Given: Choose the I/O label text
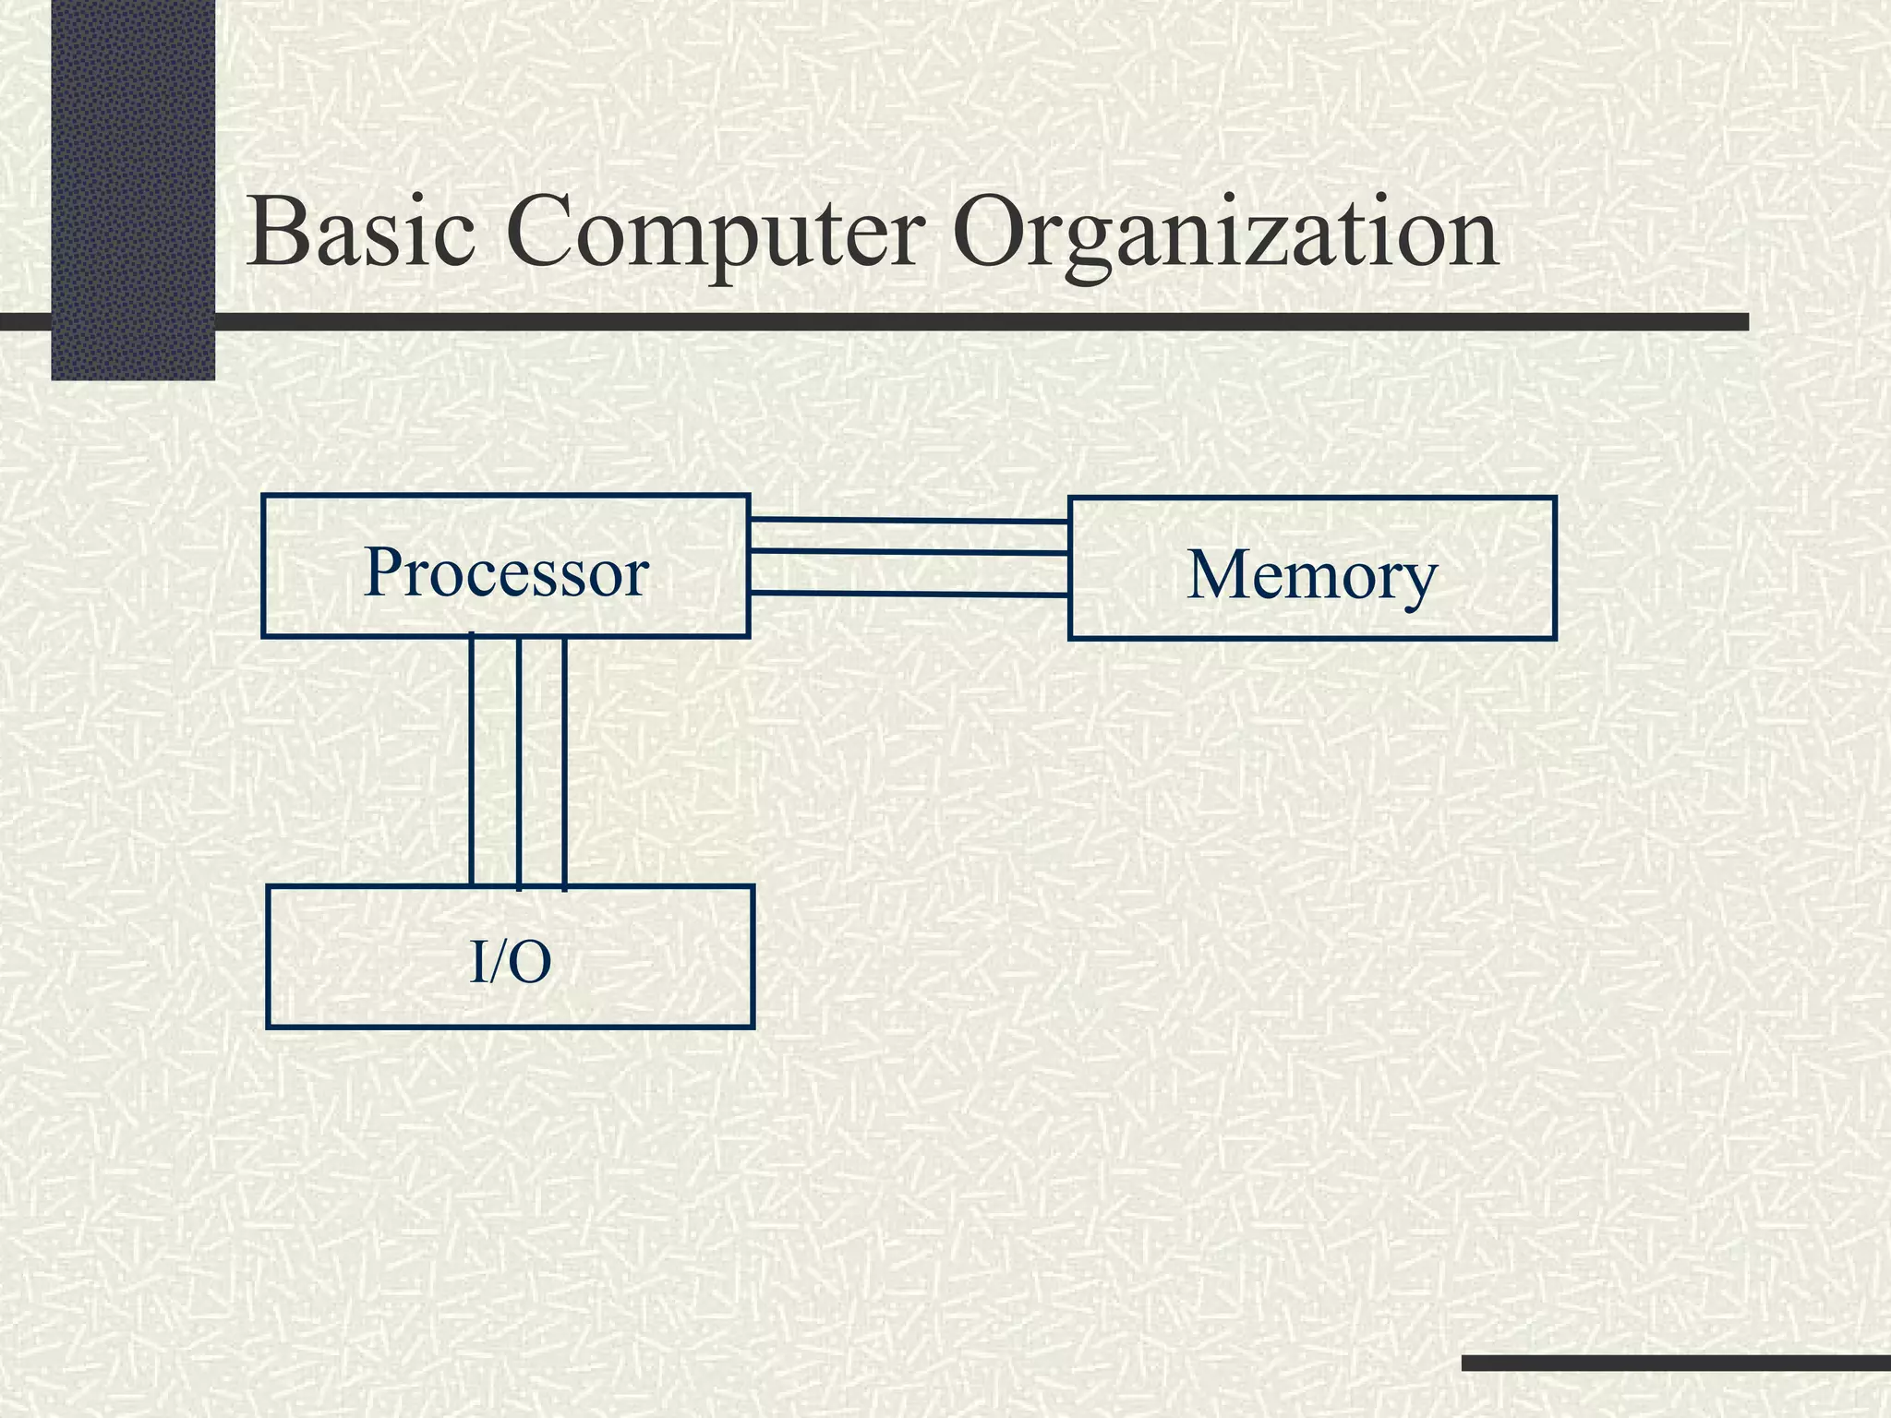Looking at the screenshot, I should [511, 962].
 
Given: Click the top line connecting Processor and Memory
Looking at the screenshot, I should [909, 522].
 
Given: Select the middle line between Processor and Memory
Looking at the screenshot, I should [909, 552].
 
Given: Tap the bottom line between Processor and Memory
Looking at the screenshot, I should [909, 594].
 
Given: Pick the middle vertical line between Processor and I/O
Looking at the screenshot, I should [519, 762].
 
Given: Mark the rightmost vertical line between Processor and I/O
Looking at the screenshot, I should [564, 762].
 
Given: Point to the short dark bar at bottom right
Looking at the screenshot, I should [1676, 1363].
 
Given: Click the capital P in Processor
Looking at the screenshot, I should [385, 572].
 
